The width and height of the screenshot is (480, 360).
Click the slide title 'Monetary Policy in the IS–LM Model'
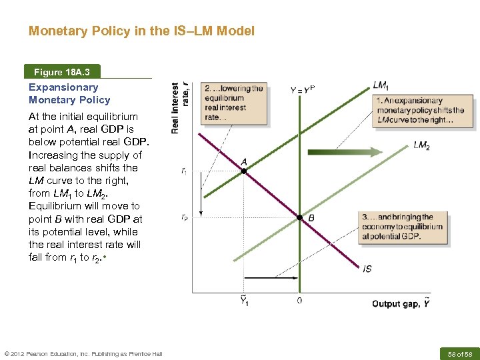tap(141, 31)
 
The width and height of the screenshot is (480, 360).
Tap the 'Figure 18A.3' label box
tap(63, 72)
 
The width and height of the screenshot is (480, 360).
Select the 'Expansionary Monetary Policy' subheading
tap(69, 93)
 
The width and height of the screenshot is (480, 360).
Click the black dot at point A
tap(243, 171)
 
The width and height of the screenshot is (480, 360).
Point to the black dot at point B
tap(300, 217)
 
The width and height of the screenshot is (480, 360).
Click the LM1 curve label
tap(382, 85)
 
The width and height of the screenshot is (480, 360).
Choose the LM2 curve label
tap(421, 145)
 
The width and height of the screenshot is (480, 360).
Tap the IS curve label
tap(367, 269)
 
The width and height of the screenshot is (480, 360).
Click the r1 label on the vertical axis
tap(184, 171)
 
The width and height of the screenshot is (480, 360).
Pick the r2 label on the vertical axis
tap(184, 217)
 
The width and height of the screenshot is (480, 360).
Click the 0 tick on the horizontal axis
tap(299, 301)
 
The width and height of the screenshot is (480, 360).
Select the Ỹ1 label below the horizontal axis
tap(244, 301)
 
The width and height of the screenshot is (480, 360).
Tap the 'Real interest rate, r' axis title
tap(181, 107)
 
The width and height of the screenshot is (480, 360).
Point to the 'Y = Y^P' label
tap(303, 89)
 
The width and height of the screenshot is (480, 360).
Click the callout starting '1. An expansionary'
tap(424, 110)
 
